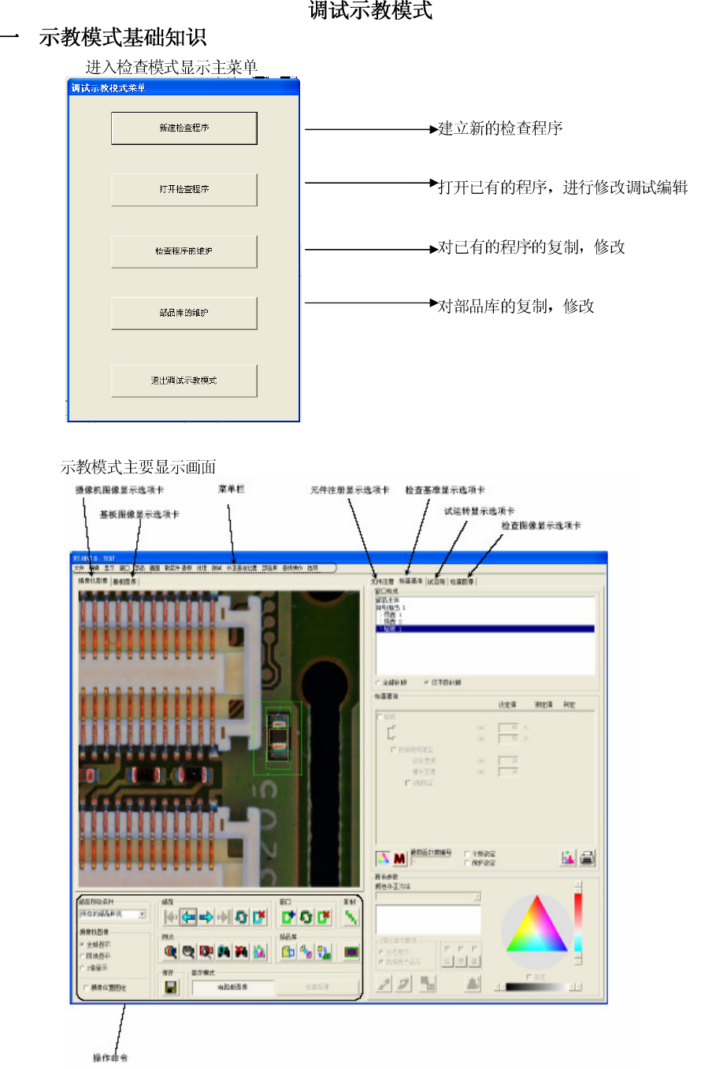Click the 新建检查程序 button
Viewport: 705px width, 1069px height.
coord(184,128)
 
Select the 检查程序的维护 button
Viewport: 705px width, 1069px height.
coord(184,251)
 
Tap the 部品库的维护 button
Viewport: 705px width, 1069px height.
coord(184,313)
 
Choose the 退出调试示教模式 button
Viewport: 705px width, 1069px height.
coord(184,380)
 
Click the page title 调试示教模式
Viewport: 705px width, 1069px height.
coord(370,11)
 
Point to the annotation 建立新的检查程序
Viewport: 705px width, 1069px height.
coord(500,128)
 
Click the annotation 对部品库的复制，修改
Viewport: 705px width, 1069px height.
coord(516,306)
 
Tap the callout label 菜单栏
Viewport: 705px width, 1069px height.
coord(232,489)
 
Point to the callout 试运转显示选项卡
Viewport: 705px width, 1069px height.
coord(480,510)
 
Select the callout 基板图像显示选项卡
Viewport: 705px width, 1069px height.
coord(139,514)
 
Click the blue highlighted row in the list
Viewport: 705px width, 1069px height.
coord(484,629)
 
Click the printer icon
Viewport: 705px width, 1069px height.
coord(587,858)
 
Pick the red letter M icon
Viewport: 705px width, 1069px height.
coord(400,858)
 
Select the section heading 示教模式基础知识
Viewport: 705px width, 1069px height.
coord(123,37)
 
